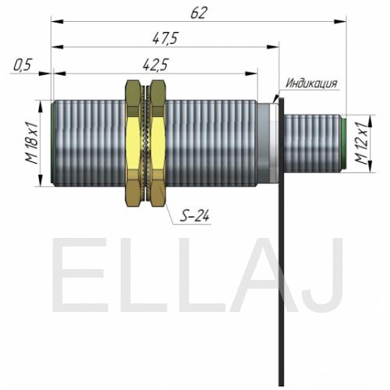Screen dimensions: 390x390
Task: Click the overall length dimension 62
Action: (x=199, y=12)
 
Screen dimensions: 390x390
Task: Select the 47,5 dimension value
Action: (x=165, y=38)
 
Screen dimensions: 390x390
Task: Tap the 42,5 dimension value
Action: (x=155, y=65)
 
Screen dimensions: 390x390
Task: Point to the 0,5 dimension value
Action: (x=22, y=65)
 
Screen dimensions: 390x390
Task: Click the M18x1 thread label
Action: (x=32, y=143)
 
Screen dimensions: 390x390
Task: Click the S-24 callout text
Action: (x=195, y=216)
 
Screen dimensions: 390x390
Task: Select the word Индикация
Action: (x=311, y=83)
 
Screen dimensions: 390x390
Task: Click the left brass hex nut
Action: (x=133, y=143)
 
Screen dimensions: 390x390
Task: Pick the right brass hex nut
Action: (x=158, y=143)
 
